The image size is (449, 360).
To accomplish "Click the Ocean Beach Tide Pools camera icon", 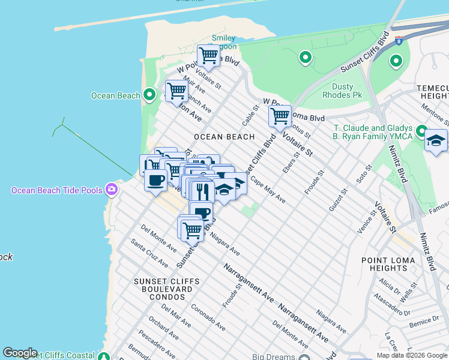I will pos(112,190).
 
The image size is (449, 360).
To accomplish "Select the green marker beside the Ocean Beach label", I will pos(150,95).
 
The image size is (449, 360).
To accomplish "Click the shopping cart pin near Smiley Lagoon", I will pos(208,56).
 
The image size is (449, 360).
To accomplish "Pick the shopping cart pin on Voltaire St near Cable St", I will pos(280,116).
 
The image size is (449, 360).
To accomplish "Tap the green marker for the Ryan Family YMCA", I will pos(422,131).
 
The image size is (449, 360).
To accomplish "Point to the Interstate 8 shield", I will pos(399,41).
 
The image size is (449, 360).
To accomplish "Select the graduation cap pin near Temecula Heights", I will pos(436,141).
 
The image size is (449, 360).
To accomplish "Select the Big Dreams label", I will pos(272,357).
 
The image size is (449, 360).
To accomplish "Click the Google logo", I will pos(20,353).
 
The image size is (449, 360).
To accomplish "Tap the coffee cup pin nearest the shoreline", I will pos(155,179).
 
